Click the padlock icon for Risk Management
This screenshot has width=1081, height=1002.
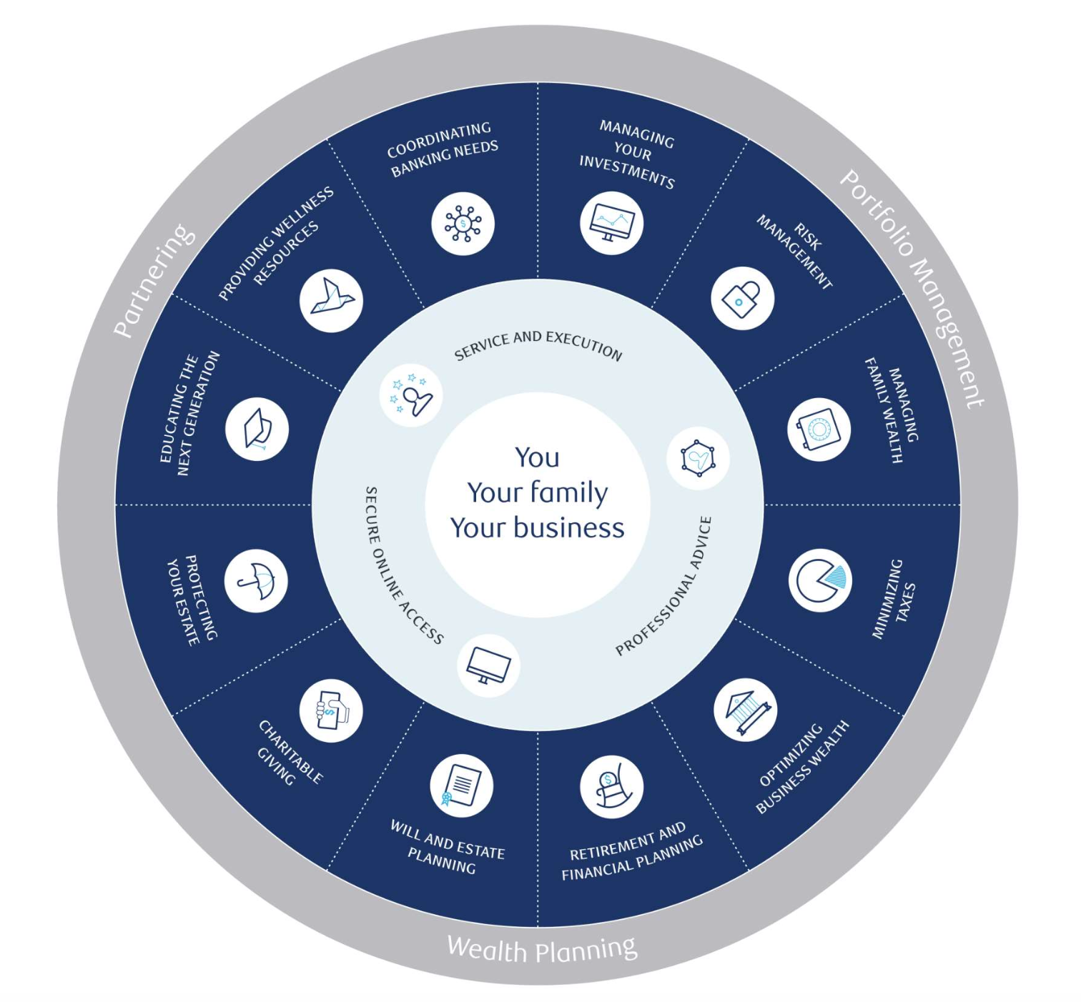(x=742, y=299)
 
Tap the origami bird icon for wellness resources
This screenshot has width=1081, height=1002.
(x=331, y=300)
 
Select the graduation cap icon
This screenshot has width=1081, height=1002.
(x=257, y=429)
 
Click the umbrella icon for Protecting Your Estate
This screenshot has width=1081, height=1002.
(x=256, y=580)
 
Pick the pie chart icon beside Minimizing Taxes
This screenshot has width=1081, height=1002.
(x=821, y=580)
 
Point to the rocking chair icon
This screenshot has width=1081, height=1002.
(x=611, y=787)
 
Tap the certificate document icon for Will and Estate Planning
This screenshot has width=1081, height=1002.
(x=461, y=785)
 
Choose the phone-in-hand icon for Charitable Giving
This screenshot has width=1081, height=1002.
(x=331, y=710)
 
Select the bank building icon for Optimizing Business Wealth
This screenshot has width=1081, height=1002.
(x=745, y=710)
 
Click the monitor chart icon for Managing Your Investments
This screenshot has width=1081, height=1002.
(x=611, y=223)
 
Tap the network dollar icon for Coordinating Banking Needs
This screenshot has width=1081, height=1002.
(x=463, y=223)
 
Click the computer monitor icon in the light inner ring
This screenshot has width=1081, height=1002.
(x=488, y=666)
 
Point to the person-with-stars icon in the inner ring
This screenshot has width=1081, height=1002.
(x=411, y=395)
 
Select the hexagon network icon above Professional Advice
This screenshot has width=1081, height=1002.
(x=698, y=458)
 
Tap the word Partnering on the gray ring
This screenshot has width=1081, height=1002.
(x=154, y=280)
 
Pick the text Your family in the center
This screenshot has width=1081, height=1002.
(x=537, y=492)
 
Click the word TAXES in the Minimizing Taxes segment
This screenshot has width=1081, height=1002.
(x=906, y=602)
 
